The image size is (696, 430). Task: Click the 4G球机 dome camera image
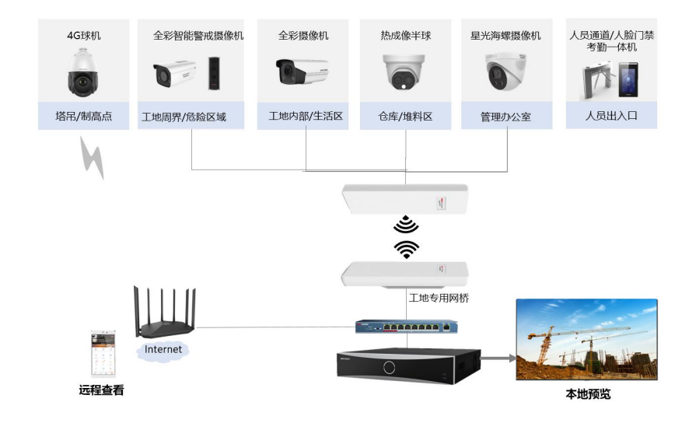83,72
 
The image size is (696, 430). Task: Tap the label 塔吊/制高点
83,117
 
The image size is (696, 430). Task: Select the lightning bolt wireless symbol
93,158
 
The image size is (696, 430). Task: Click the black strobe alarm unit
215,73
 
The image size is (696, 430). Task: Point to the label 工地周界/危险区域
184,117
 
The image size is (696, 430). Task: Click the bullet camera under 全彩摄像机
302,72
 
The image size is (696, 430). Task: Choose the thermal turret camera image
404,72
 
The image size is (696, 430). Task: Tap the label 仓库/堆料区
405,117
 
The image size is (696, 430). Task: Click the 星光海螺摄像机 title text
505,36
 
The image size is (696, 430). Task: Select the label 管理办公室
505,117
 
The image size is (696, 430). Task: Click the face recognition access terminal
628,80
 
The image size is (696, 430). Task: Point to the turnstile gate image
597,82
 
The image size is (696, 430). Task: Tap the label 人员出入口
611,116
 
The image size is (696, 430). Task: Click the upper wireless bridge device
405,199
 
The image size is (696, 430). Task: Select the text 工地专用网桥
439,298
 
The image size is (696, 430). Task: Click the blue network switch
407,327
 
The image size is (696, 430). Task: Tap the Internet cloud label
163,350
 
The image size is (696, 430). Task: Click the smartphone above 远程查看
103,354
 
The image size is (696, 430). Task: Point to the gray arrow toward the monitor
498,358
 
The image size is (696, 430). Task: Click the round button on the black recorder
390,368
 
